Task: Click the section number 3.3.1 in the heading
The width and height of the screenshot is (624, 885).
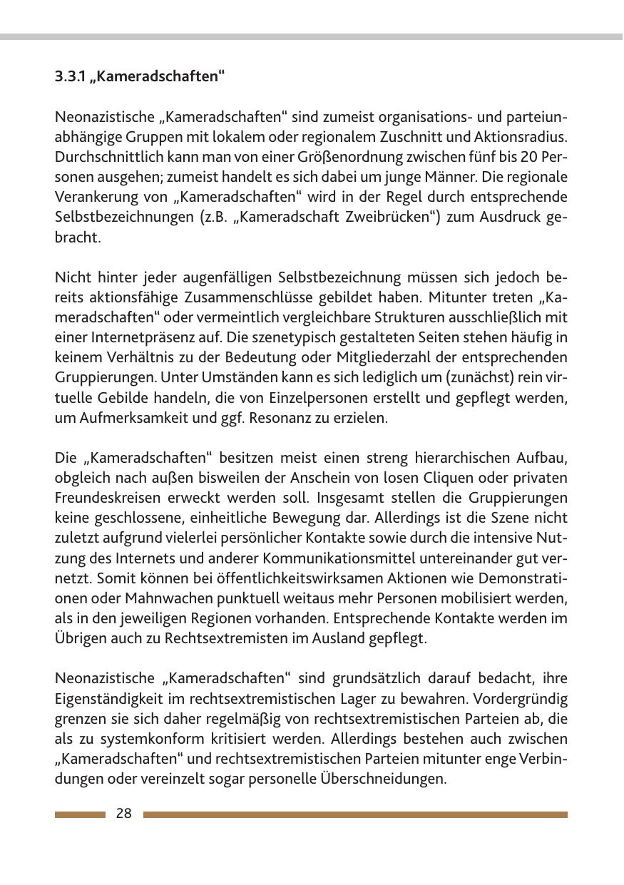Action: click(x=70, y=76)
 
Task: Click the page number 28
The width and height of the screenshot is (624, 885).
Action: click(x=123, y=814)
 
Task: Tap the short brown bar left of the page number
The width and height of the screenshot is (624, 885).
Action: click(x=79, y=814)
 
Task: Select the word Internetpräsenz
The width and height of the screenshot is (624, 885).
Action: click(x=135, y=337)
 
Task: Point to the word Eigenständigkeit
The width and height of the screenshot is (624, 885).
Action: click(x=107, y=698)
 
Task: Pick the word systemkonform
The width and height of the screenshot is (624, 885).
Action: click(x=135, y=739)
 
